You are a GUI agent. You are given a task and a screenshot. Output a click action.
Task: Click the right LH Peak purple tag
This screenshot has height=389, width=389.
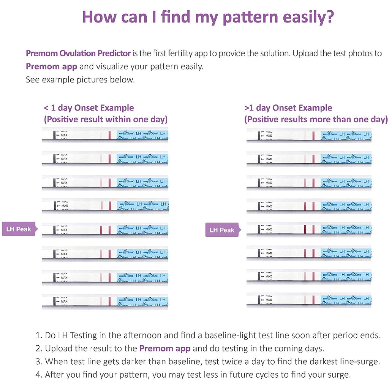click(222, 230)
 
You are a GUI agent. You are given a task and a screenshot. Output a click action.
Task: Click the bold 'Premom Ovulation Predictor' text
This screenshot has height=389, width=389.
click(78, 53)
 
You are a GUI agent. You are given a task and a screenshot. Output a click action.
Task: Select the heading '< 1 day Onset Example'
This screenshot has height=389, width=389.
click(89, 108)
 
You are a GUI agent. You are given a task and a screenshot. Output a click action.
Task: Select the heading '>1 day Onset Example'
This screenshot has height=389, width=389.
click(288, 108)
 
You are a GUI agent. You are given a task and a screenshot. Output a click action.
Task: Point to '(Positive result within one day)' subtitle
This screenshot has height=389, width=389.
click(106, 119)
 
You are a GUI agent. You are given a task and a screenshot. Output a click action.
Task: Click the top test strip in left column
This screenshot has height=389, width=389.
click(105, 135)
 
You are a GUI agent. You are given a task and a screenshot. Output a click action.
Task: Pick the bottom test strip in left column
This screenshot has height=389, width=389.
click(105, 301)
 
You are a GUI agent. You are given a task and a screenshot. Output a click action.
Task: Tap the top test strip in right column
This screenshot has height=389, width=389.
click(309, 135)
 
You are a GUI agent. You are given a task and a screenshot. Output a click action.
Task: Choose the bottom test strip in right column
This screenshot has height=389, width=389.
click(309, 300)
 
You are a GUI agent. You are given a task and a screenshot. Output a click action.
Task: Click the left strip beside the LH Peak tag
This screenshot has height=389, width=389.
click(105, 230)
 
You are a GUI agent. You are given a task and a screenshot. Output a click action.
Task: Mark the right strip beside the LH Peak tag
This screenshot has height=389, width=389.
click(309, 229)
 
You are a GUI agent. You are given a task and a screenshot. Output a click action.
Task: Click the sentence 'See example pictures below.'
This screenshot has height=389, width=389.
click(80, 79)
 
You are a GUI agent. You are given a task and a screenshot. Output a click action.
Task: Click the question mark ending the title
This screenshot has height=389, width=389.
click(329, 17)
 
